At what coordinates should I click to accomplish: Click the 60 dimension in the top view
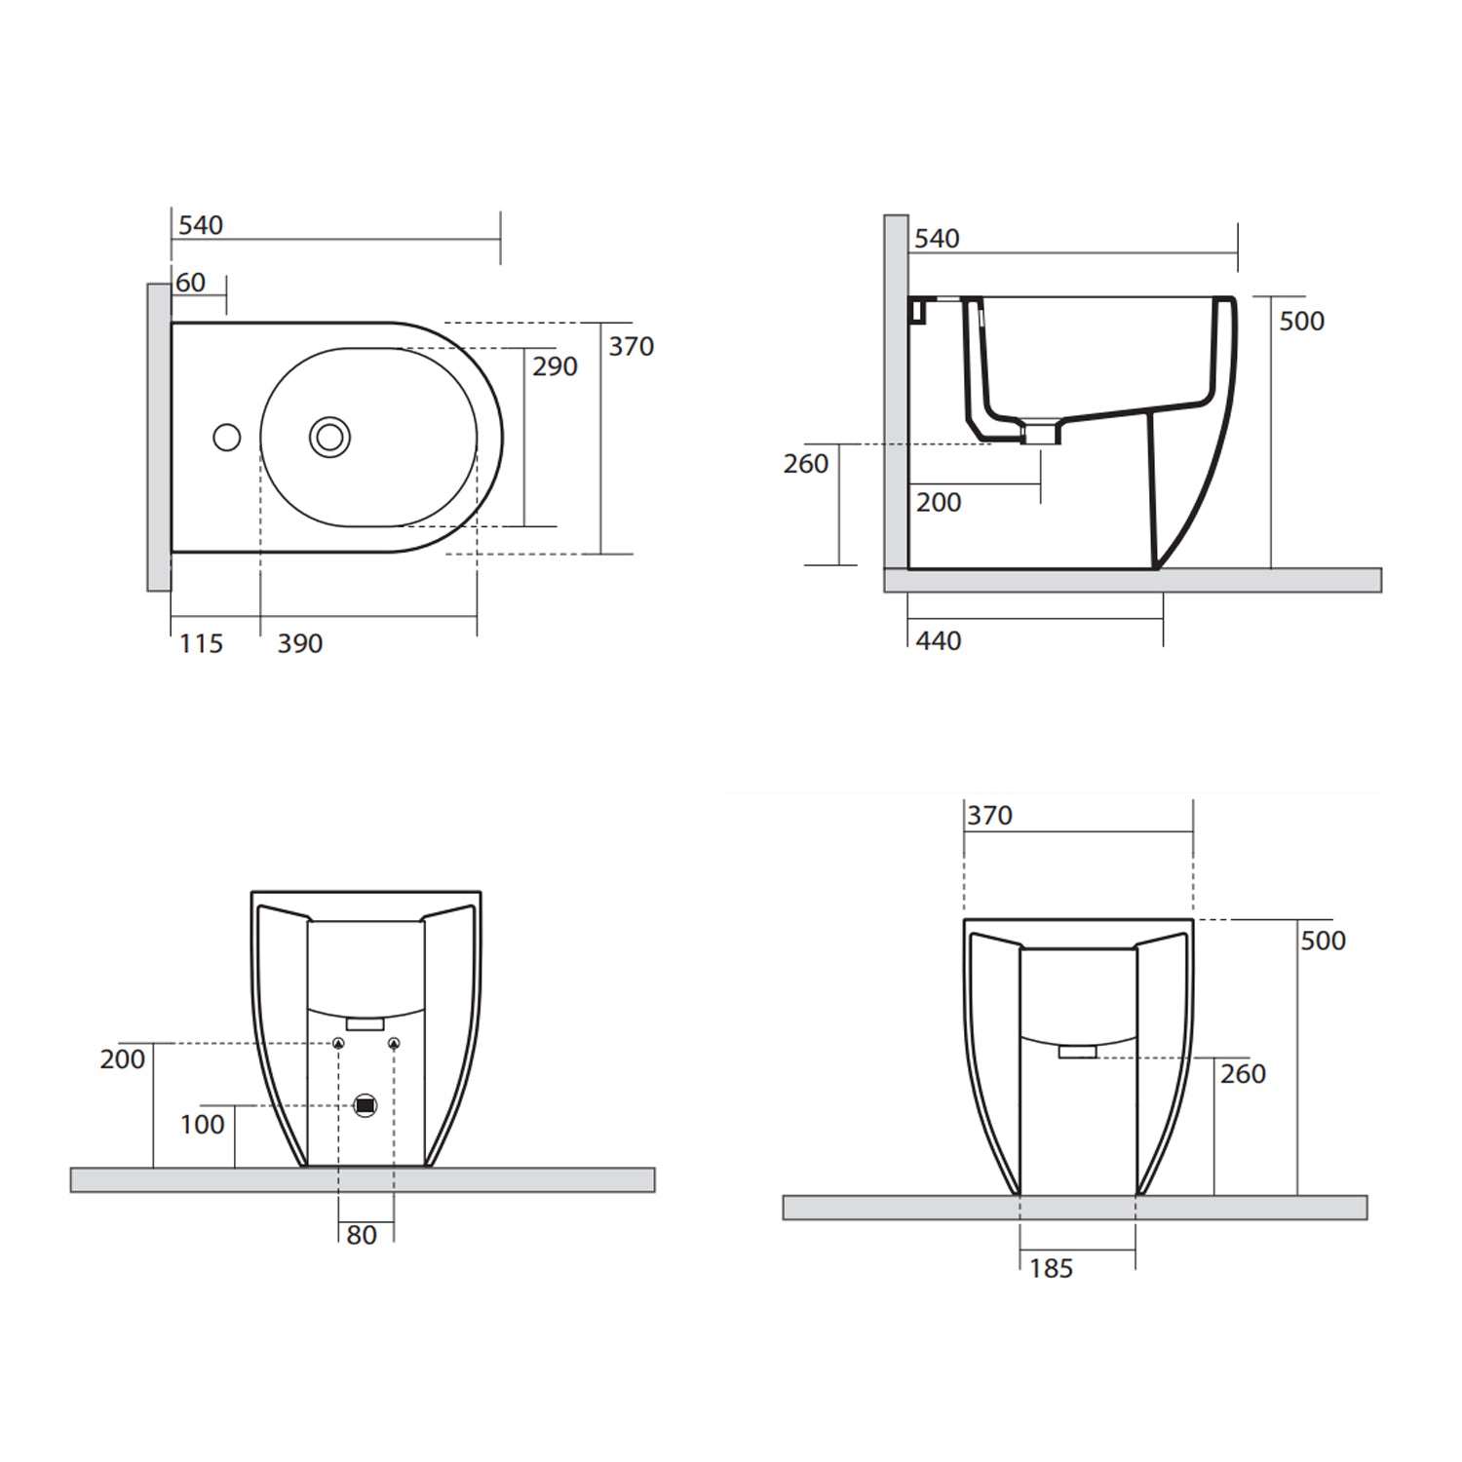point(191,283)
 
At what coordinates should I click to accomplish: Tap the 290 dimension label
point(555,366)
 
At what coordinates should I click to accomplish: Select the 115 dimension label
point(201,643)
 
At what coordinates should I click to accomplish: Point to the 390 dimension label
point(299,643)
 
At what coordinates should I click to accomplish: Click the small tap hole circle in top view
point(227,438)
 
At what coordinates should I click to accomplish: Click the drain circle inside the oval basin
point(330,438)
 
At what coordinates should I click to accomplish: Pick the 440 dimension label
point(938,640)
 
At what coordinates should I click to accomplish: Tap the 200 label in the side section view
point(938,502)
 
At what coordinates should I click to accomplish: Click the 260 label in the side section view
point(805,464)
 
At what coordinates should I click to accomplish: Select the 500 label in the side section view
point(1301,321)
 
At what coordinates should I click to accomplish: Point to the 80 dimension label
point(361,1235)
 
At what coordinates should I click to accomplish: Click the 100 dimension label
point(202,1124)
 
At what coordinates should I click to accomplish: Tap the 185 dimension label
point(1051,1268)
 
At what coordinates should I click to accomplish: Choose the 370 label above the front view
point(989,815)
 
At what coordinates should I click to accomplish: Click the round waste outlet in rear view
point(365,1105)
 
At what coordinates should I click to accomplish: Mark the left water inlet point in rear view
point(338,1044)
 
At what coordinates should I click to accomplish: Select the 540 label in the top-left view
point(201,225)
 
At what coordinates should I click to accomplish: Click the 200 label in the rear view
point(122,1058)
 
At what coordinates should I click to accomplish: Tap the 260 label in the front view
point(1243,1073)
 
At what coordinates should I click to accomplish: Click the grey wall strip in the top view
point(159,438)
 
